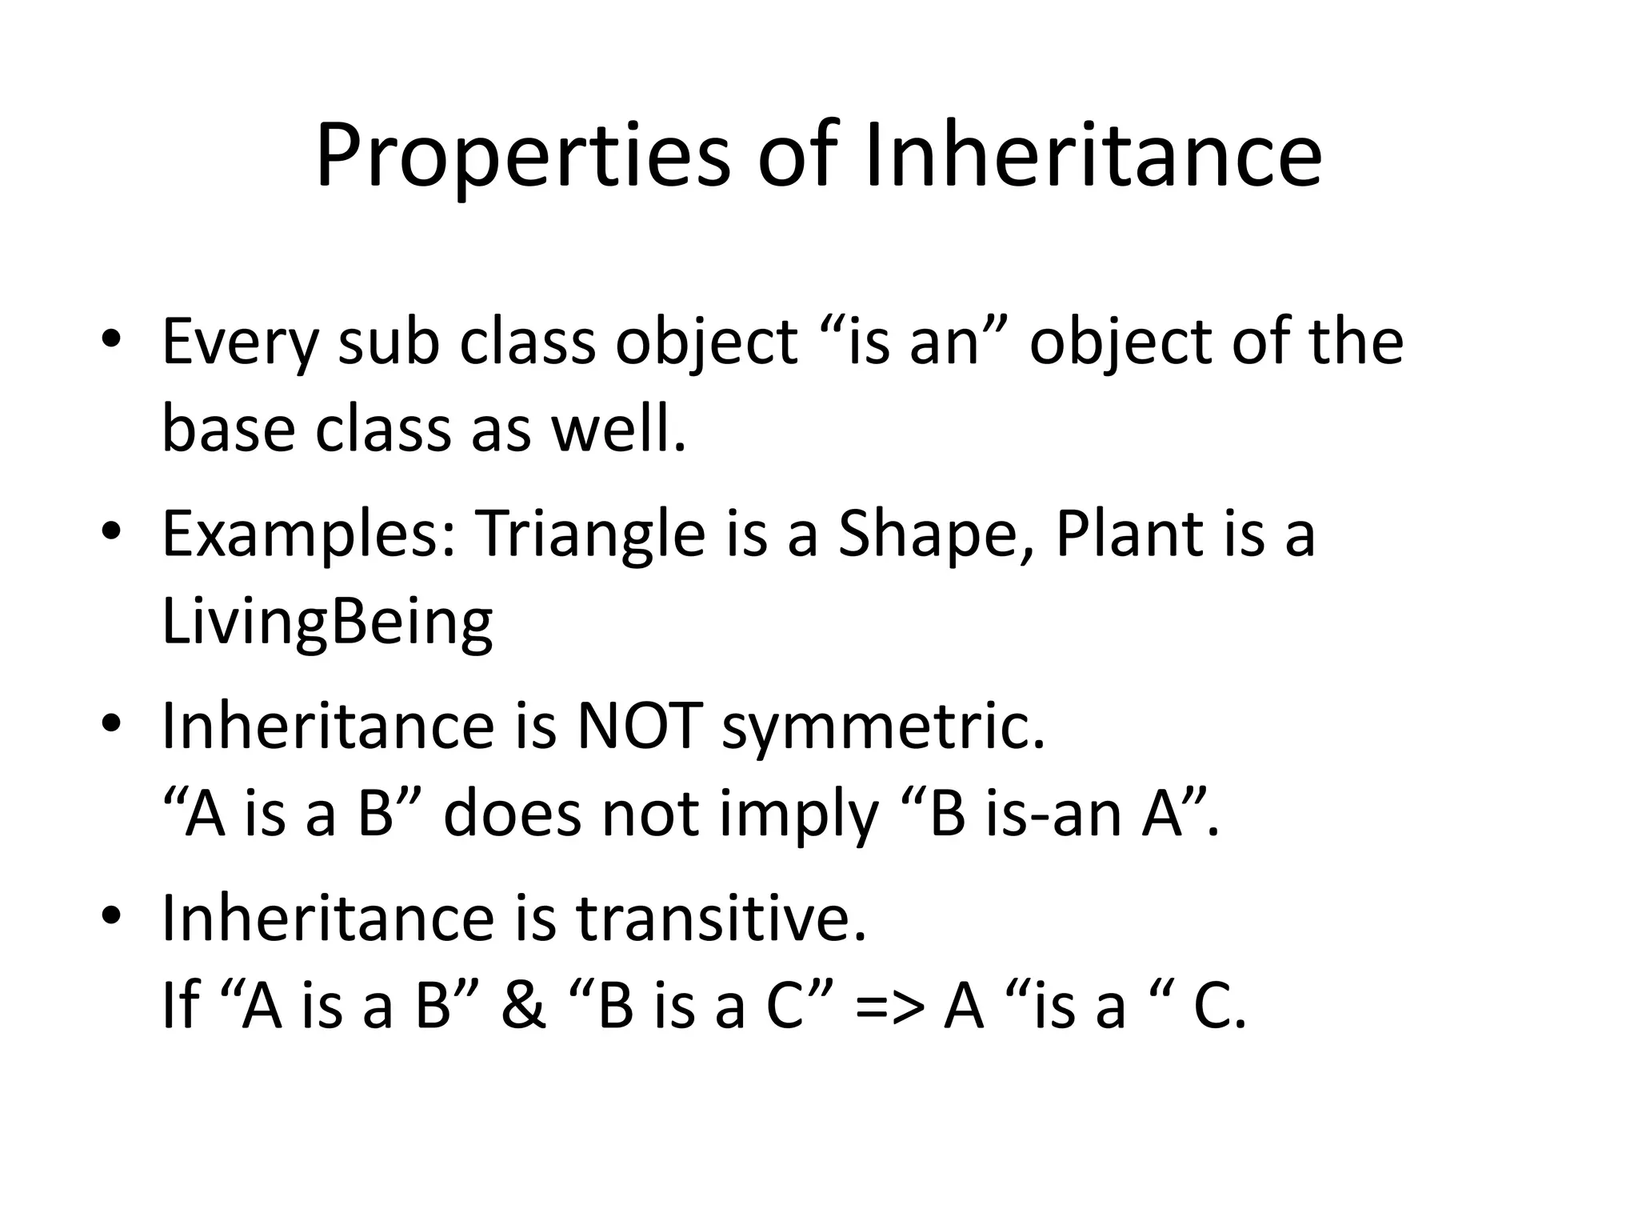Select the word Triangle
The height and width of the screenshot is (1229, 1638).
[589, 534]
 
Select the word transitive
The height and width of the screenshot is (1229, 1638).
[721, 918]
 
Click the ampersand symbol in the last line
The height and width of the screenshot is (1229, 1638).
[524, 1006]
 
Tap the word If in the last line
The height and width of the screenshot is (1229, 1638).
[180, 1006]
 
